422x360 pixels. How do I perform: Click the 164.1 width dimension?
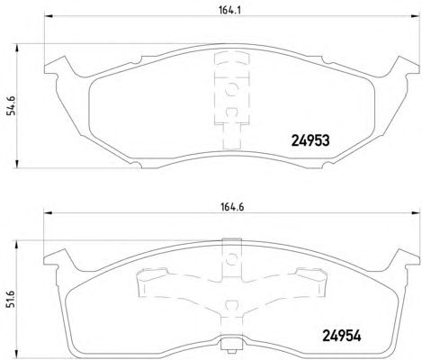coord(230,11)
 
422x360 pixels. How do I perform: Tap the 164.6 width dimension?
coord(232,207)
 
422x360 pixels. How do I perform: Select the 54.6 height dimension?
coord(11,105)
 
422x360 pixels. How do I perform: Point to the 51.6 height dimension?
coord(11,299)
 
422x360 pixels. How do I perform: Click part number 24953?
coord(310,140)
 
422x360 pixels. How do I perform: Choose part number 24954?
coord(342,336)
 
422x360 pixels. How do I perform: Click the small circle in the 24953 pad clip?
coord(231,89)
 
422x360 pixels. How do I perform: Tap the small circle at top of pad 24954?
coord(231,258)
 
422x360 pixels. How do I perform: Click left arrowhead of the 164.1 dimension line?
coord(49,16)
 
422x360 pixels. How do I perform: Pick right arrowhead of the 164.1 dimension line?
coord(415,16)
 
